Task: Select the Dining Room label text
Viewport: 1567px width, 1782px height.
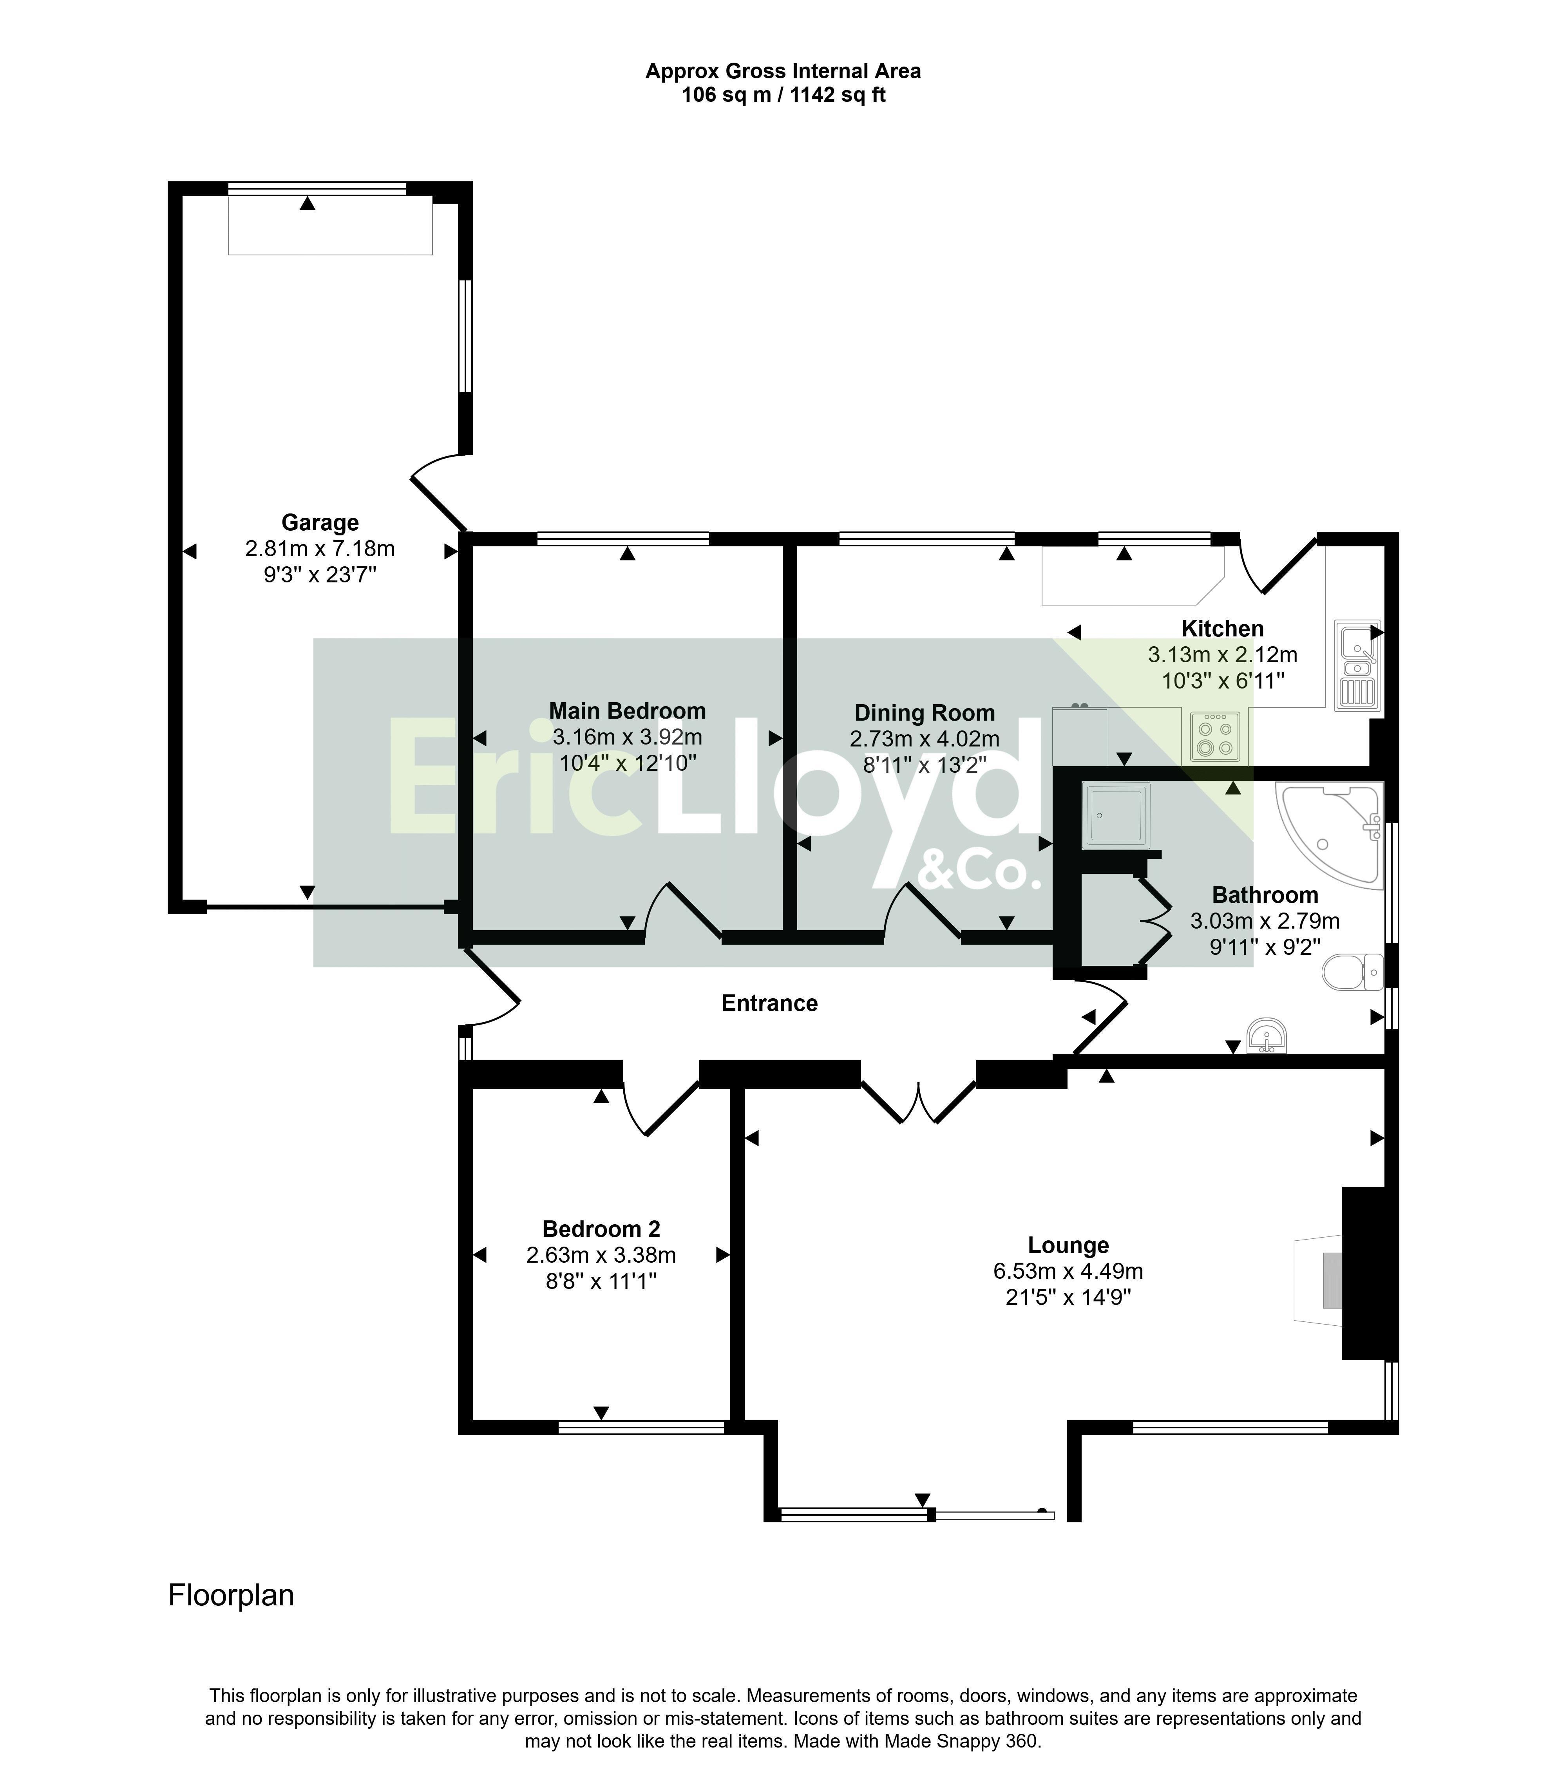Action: (924, 713)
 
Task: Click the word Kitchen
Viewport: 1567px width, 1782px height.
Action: (1222, 629)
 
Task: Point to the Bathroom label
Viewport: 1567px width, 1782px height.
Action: (1265, 895)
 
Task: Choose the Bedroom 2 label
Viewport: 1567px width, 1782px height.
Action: (601, 1229)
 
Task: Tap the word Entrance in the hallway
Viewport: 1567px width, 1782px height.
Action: (769, 1003)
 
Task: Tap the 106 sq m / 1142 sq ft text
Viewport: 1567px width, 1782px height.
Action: (783, 95)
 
